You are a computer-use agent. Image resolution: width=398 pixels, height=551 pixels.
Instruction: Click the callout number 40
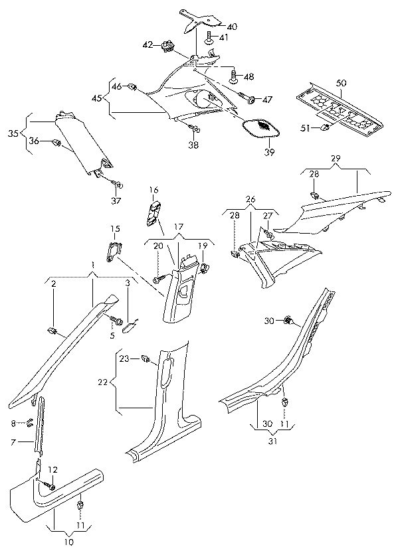click(x=231, y=27)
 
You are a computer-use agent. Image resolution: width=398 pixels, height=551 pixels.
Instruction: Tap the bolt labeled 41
click(x=209, y=39)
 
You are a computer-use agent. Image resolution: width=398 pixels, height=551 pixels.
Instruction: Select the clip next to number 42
click(x=167, y=46)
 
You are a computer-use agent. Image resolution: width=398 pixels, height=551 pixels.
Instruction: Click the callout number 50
click(x=340, y=82)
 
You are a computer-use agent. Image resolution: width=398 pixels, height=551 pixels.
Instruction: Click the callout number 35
click(x=13, y=133)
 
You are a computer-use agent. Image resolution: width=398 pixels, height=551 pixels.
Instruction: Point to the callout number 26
click(x=250, y=199)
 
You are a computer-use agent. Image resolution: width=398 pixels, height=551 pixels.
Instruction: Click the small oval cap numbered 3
click(x=132, y=325)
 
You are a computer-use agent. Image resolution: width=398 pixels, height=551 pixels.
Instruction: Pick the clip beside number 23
click(x=146, y=360)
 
